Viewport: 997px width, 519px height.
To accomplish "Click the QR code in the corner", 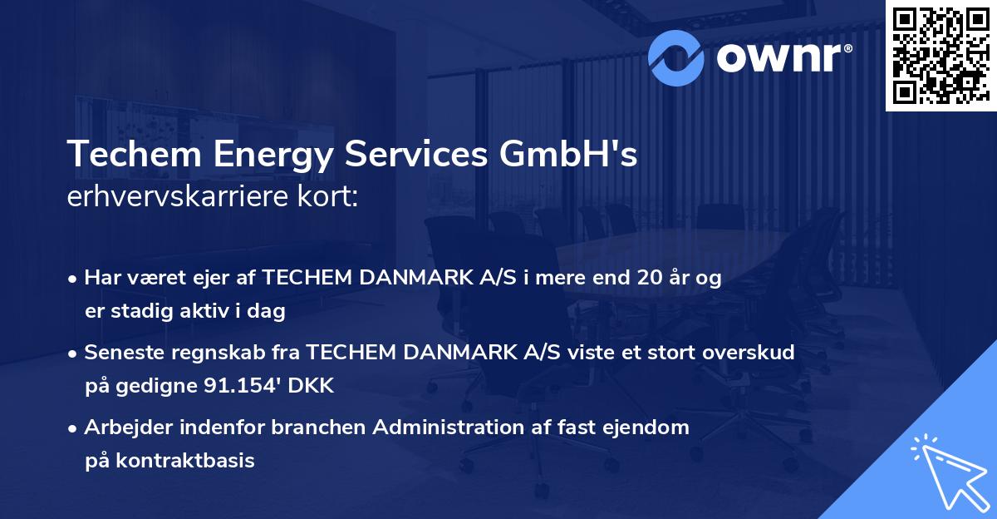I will pyautogui.click(x=941, y=55).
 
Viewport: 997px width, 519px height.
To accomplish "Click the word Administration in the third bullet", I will pyautogui.click(x=448, y=428).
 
